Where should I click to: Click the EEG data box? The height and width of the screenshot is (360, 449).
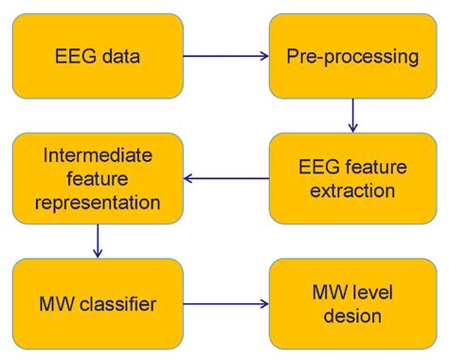click(x=97, y=56)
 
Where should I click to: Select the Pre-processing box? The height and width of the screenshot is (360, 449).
click(x=352, y=56)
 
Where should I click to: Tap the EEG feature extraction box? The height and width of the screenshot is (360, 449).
click(x=352, y=178)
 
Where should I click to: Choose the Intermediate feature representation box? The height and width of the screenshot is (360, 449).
click(x=97, y=178)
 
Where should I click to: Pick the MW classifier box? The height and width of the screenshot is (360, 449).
click(x=97, y=304)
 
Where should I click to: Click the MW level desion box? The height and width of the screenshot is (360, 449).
click(x=352, y=304)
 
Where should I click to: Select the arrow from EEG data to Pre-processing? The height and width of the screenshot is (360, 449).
click(x=225, y=56)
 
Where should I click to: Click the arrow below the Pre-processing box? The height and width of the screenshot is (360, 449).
click(x=352, y=116)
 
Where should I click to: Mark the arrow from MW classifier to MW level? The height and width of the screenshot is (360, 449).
click(x=225, y=304)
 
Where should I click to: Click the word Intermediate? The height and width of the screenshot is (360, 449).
click(x=97, y=153)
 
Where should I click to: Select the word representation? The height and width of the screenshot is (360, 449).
click(x=97, y=202)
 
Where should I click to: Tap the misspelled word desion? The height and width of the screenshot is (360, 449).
click(x=352, y=316)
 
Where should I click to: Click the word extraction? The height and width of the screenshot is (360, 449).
click(x=352, y=190)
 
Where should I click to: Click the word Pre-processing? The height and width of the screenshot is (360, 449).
click(x=352, y=56)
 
